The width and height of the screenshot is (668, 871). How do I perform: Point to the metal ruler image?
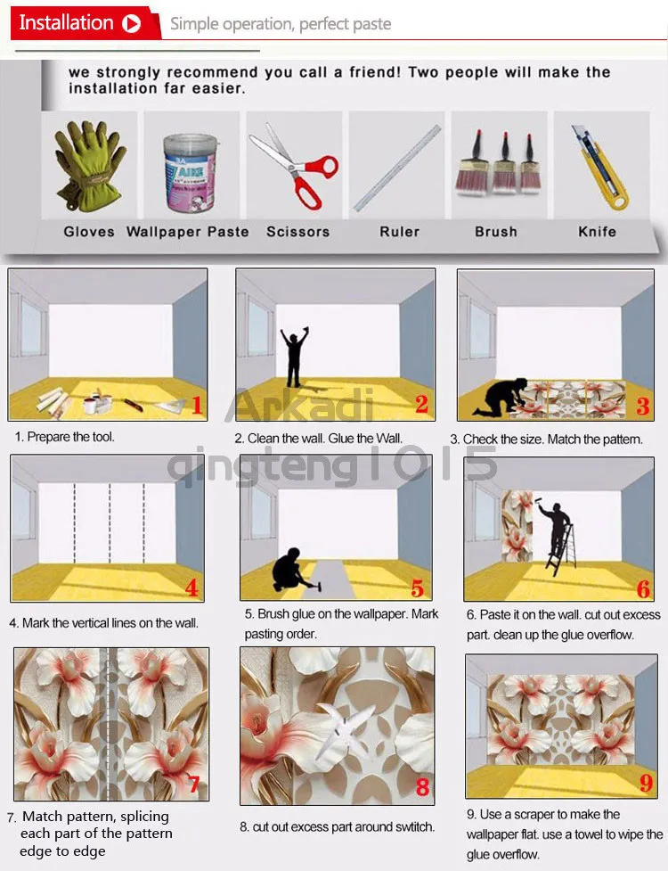click(398, 167)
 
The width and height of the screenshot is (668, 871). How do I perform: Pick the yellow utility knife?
click(599, 167)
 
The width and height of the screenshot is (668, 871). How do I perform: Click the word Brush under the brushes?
click(496, 232)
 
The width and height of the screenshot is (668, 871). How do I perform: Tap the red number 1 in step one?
click(197, 407)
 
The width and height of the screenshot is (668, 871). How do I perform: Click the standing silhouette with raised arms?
click(294, 357)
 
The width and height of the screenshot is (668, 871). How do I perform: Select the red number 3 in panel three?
click(642, 407)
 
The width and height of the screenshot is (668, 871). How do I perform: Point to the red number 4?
click(192, 588)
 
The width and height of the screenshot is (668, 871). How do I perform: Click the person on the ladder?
click(557, 535)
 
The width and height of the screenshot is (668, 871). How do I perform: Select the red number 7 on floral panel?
click(193, 785)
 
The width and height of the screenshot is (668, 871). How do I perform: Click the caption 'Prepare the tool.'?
click(65, 438)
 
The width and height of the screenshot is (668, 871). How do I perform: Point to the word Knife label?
click(597, 232)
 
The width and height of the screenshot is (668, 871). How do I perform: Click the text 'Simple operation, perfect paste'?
click(281, 24)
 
